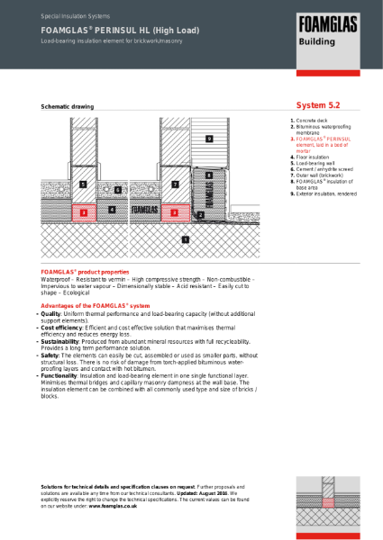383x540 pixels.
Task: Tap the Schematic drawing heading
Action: coord(68,106)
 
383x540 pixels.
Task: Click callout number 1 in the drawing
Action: coord(185,239)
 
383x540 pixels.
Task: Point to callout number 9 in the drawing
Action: coord(208,139)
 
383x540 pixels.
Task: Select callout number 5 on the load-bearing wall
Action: coord(83,184)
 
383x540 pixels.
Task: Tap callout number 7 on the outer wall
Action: coord(174,184)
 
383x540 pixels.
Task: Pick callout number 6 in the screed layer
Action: coord(118,191)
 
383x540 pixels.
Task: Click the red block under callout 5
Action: coord(83,212)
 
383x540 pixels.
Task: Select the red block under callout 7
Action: coord(174,212)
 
